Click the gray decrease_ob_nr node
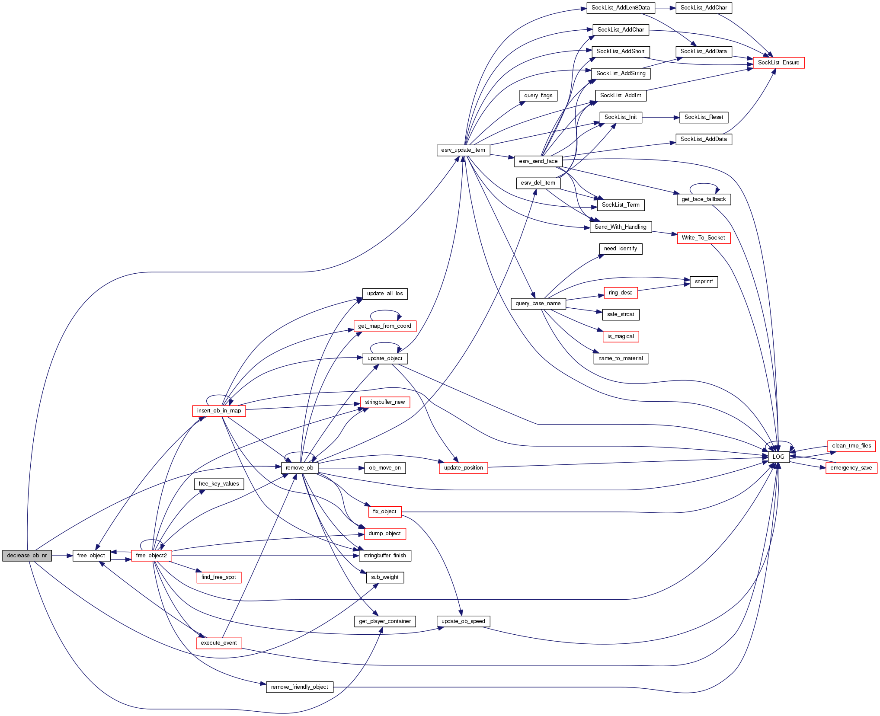click(27, 556)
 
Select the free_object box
click(91, 556)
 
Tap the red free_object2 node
click(151, 556)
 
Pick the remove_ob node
click(300, 468)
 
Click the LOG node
click(778, 457)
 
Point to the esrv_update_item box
click(463, 150)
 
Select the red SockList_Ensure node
click(778, 63)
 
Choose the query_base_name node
click(538, 304)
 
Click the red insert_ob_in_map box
click(219, 411)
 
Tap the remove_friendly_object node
click(300, 687)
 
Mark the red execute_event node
click(219, 643)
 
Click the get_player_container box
click(385, 621)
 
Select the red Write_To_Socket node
click(704, 238)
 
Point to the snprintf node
click(704, 281)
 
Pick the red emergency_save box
click(851, 468)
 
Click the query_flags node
click(538, 96)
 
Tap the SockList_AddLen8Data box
click(621, 8)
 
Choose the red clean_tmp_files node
click(851, 446)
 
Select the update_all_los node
click(385, 294)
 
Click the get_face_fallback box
click(704, 199)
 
